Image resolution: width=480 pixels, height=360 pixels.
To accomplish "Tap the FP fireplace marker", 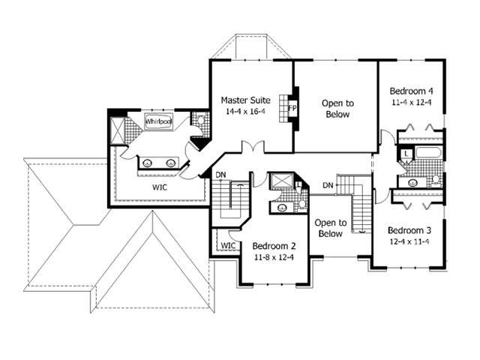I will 292,108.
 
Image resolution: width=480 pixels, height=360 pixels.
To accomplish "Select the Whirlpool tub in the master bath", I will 158,121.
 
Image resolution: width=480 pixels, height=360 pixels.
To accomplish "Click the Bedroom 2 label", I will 274,245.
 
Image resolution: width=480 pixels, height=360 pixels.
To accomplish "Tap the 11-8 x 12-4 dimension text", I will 274,257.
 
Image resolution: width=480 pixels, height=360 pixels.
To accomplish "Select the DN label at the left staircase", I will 221,175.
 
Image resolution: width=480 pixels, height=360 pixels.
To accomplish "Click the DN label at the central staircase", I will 328,184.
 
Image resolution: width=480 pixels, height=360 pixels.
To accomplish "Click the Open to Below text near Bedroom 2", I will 328,228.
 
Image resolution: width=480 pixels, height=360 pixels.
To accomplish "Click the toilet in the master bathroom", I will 199,119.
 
